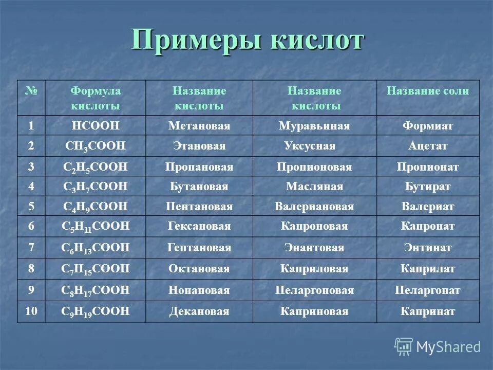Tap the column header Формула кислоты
point(96,98)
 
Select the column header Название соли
point(428,91)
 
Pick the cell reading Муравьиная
point(314,126)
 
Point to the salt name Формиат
point(428,126)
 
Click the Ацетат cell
point(428,146)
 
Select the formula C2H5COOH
point(95,167)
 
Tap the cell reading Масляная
point(314,187)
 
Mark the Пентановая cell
point(199,207)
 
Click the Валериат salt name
point(428,207)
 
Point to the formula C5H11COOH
point(95,227)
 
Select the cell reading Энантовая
point(314,248)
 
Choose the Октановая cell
point(199,269)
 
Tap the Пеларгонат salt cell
point(428,290)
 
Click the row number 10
point(31,311)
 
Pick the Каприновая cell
point(314,311)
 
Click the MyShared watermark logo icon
point(404,346)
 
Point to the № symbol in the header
point(31,91)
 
